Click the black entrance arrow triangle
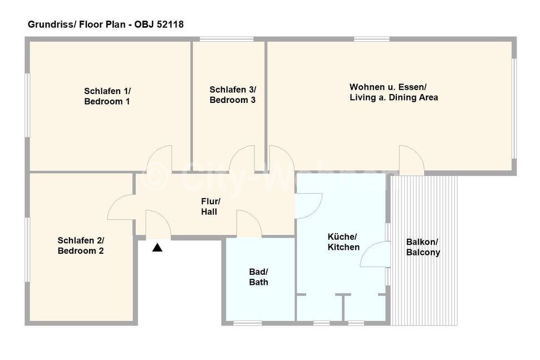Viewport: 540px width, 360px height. (x=158, y=248)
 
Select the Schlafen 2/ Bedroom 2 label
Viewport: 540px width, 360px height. (x=81, y=245)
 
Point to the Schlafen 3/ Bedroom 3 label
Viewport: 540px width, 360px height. (x=232, y=95)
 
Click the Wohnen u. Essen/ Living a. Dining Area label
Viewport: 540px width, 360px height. (x=393, y=92)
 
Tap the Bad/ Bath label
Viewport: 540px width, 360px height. (x=258, y=277)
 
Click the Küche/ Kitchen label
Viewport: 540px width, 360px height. (x=343, y=242)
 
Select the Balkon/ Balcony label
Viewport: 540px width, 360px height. (x=423, y=247)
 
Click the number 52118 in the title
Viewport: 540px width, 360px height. (x=169, y=24)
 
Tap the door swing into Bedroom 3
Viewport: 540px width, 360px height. (x=242, y=160)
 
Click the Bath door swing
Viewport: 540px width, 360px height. (x=249, y=224)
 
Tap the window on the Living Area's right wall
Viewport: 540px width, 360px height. (x=514, y=106)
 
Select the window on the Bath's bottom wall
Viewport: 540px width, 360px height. (x=247, y=323)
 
